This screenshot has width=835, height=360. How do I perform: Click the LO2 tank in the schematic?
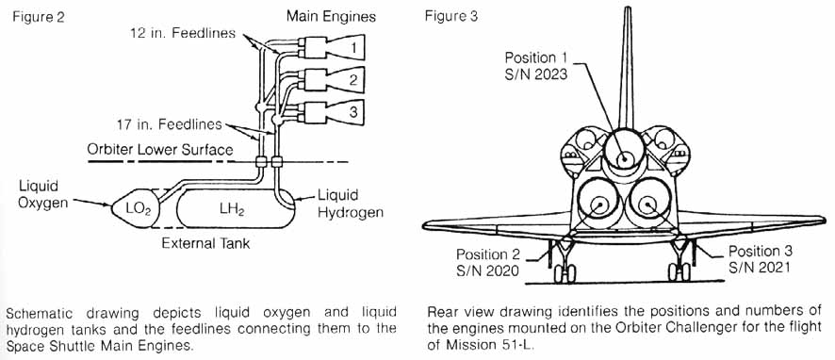(138, 206)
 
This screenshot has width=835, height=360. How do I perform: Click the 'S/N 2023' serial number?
(534, 74)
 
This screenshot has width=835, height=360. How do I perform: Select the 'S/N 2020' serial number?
(490, 270)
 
